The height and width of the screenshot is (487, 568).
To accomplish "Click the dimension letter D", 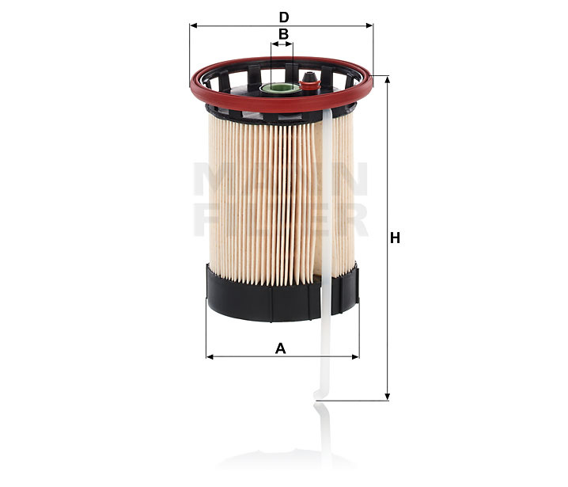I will (283, 16).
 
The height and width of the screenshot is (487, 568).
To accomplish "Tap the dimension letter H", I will (396, 238).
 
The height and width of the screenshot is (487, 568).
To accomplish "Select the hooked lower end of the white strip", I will (319, 393).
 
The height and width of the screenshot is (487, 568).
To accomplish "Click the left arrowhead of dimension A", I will (210, 356).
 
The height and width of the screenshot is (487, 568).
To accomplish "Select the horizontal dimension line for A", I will (253, 356).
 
